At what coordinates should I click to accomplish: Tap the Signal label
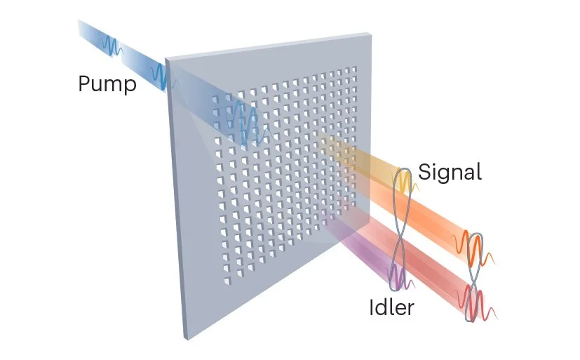point(450,173)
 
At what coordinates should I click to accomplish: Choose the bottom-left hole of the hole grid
point(225,281)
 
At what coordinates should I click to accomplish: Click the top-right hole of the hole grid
point(355,68)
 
